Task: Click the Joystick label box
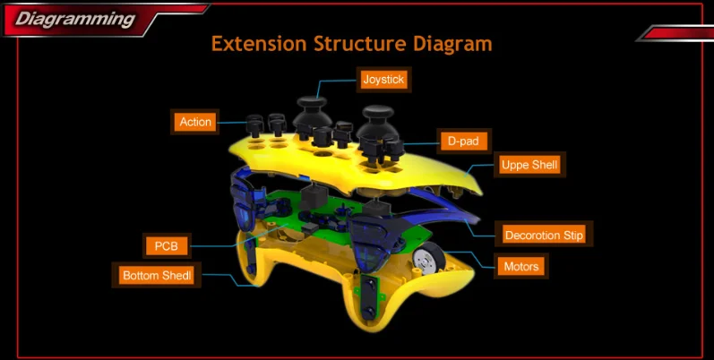383,80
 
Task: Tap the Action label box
195,122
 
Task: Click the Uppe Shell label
529,165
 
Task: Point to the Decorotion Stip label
544,236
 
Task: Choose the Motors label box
520,266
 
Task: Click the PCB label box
166,244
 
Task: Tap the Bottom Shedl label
157,275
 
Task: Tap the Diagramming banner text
75,18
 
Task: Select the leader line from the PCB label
215,244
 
